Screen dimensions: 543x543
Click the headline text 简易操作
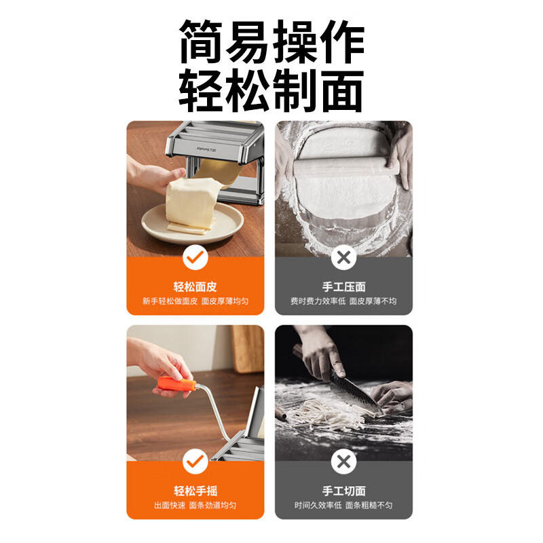click(x=271, y=42)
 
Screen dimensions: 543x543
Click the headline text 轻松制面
click(x=271, y=90)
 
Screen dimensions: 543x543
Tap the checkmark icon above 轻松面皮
click(x=195, y=257)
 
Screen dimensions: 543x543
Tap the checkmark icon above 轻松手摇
click(x=195, y=462)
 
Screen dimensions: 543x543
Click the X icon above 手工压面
click(x=343, y=257)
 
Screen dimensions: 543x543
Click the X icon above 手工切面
click(x=343, y=462)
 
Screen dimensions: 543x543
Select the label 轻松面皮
click(x=195, y=286)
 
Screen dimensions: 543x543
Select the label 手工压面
click(x=343, y=286)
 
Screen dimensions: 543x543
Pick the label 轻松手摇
click(x=195, y=491)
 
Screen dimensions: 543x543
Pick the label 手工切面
click(x=343, y=491)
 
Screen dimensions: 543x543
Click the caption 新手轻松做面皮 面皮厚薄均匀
click(x=195, y=301)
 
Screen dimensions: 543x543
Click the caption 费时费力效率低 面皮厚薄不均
click(x=343, y=301)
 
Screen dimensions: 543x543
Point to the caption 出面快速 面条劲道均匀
click(x=195, y=506)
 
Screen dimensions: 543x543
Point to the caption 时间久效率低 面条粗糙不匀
click(x=343, y=506)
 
